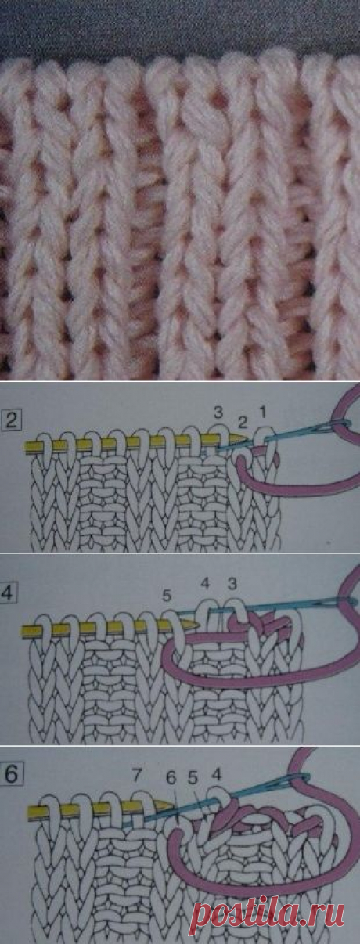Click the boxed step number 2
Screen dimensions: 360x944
click(x=12, y=420)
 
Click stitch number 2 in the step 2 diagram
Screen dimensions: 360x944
click(x=243, y=420)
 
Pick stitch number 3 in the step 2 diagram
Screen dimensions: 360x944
click(x=218, y=413)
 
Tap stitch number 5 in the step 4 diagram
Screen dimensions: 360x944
click(x=167, y=596)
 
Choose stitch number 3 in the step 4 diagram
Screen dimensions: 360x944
click(x=232, y=584)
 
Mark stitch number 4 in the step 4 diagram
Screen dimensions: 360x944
click(x=205, y=584)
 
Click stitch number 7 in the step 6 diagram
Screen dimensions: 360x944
click(x=136, y=774)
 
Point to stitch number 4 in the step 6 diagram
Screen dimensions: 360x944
click(x=216, y=774)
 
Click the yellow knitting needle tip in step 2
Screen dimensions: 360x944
click(x=247, y=438)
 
